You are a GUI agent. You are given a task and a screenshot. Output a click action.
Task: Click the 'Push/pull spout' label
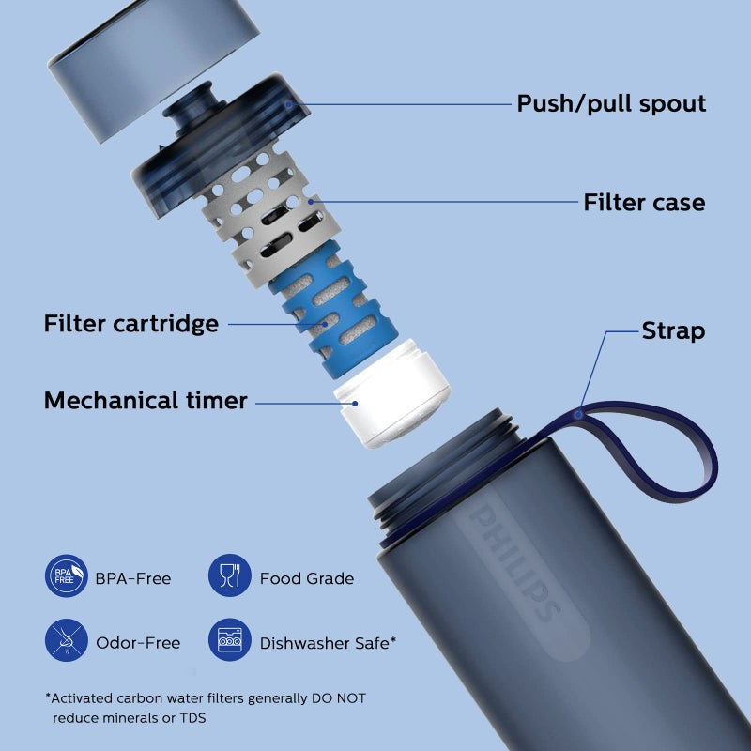(611, 103)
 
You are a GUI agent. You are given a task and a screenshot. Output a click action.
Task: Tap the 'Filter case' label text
(644, 202)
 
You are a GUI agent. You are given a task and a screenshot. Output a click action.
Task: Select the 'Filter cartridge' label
(130, 324)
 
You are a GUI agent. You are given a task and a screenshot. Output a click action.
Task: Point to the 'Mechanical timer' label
(146, 401)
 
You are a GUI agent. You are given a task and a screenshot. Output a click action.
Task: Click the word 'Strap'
(673, 330)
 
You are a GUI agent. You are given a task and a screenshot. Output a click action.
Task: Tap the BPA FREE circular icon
(67, 577)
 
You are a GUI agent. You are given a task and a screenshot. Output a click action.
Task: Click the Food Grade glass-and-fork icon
(229, 577)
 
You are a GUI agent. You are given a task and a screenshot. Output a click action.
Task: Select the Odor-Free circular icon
(67, 642)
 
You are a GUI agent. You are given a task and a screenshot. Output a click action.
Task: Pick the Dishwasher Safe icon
(229, 642)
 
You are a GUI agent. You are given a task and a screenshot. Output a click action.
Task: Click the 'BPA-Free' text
(133, 578)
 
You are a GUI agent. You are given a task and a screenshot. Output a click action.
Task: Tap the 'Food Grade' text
(307, 578)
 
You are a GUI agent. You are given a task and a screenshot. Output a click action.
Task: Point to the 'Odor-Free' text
(138, 643)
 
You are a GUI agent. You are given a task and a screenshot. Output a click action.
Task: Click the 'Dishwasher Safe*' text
(328, 643)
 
